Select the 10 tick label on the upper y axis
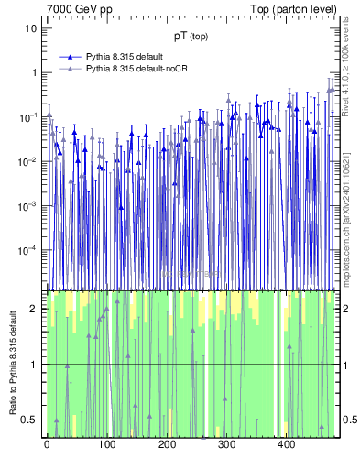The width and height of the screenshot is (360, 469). point(30,28)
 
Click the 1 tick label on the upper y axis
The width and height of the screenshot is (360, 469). point(34,73)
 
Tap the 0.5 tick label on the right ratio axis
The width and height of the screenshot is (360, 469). point(347,420)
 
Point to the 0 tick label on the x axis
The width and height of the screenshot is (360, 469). point(47,445)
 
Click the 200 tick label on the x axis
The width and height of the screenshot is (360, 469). point(167,445)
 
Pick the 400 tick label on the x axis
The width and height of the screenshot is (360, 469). point(286,445)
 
